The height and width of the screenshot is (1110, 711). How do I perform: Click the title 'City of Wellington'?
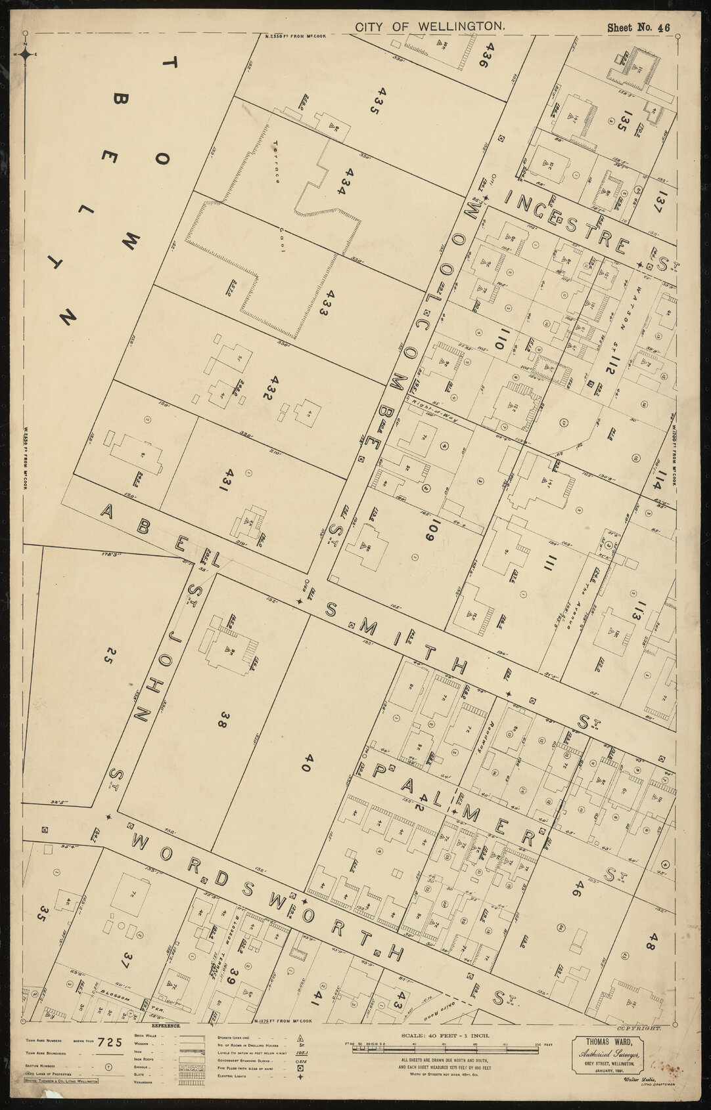click(430, 27)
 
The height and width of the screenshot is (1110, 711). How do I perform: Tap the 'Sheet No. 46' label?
click(637, 28)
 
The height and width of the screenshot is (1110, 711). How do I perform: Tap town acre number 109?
click(430, 527)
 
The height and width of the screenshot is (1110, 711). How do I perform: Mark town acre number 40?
click(308, 762)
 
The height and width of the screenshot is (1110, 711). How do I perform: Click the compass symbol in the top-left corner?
click(25, 54)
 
